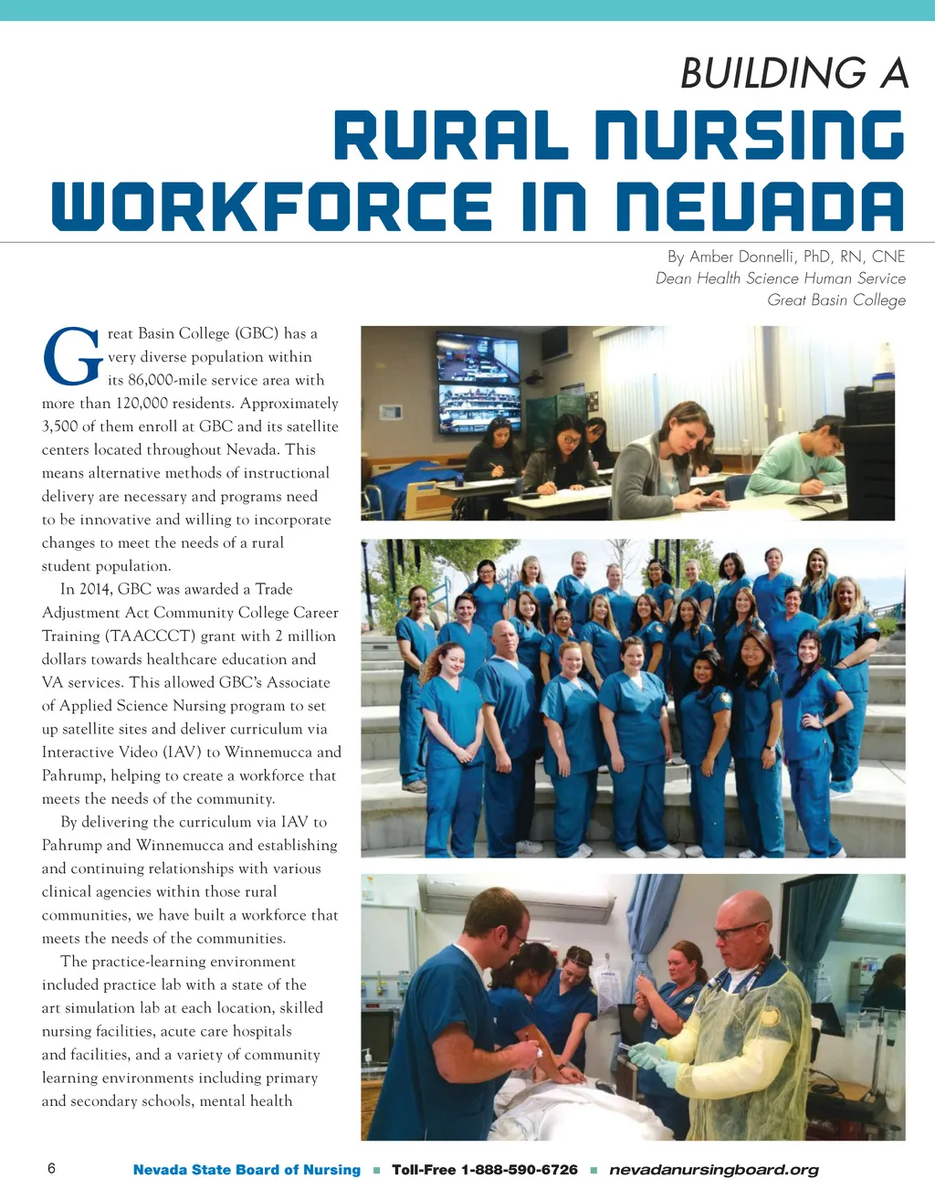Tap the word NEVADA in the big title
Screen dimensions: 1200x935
pos(760,206)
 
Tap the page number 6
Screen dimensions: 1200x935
pos(51,1169)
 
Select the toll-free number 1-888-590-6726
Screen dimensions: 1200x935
pos(519,1170)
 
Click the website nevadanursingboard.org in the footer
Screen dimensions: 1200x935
pos(713,1170)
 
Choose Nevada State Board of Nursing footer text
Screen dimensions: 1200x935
pos(247,1170)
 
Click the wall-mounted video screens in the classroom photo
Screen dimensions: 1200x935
pos(478,384)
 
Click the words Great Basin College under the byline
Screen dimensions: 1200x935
pos(836,300)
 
